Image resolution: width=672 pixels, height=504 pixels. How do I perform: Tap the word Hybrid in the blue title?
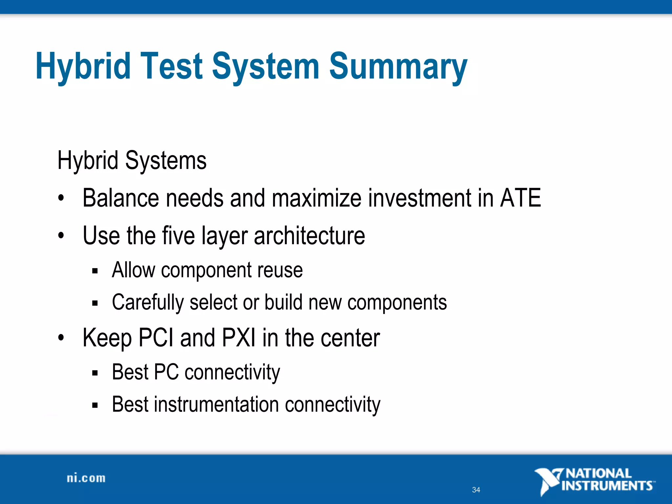83,67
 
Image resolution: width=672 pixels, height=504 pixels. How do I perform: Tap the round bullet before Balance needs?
61,199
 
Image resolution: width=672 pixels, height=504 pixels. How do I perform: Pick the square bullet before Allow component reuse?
95,271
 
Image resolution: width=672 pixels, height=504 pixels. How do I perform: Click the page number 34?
476,490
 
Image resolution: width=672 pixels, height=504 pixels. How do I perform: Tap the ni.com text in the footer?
86,478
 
